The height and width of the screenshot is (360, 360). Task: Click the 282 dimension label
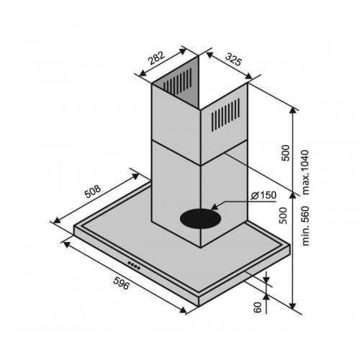coord(156,58)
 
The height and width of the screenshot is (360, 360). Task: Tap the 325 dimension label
coord(233,60)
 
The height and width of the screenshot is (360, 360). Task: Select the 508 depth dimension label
coord(93,192)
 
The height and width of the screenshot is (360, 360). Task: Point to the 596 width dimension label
coord(121,283)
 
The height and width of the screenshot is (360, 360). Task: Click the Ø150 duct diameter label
coord(264,196)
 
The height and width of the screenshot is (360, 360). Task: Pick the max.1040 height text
coord(305,172)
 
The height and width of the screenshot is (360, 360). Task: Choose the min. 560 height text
coord(305,226)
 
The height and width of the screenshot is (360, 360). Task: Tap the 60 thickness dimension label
coord(258,307)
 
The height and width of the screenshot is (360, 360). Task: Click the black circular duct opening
coord(200,218)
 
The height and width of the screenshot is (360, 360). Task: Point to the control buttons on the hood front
coord(134,265)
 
